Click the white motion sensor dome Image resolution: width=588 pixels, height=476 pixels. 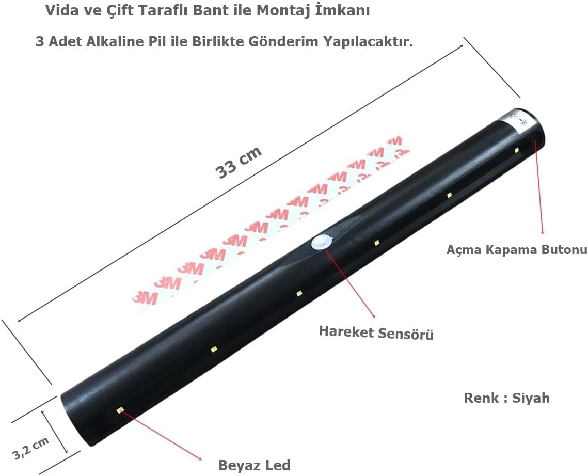pyautogui.click(x=322, y=242)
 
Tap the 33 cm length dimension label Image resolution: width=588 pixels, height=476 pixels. pyautogui.click(x=238, y=162)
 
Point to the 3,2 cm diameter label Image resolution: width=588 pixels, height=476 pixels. pyautogui.click(x=31, y=448)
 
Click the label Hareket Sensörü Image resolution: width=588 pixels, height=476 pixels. pyautogui.click(x=376, y=332)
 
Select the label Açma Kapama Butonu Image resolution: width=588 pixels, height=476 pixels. pyautogui.click(x=517, y=250)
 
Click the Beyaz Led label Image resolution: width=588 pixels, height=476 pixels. pyautogui.click(x=255, y=465)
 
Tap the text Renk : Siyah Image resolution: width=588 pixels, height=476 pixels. pyautogui.click(x=506, y=398)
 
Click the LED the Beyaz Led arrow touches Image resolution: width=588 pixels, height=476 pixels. pyautogui.click(x=120, y=410)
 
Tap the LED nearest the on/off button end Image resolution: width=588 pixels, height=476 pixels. pyautogui.click(x=517, y=150)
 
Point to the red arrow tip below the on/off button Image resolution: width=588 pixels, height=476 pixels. pyautogui.click(x=542, y=233)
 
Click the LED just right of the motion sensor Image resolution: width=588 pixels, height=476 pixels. pyautogui.click(x=376, y=243)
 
